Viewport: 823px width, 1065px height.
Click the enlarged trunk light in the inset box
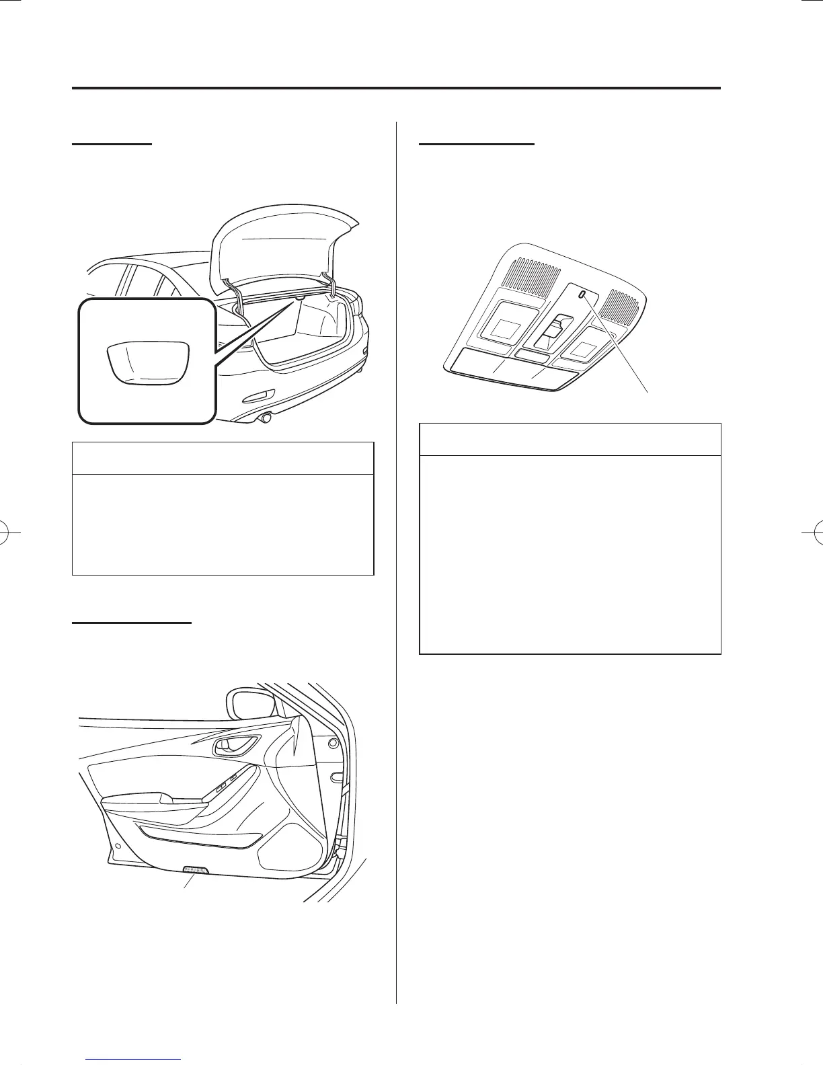tap(148, 363)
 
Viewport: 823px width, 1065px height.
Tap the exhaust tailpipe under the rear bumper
tap(266, 418)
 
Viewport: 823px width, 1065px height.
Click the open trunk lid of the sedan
tap(282, 242)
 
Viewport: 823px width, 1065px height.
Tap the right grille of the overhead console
tap(622, 305)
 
